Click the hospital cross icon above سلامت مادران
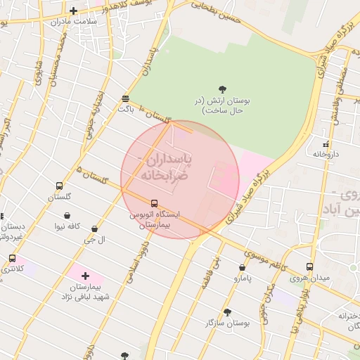coord(74,11)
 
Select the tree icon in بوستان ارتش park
coord(223,89)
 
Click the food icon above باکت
coord(125,98)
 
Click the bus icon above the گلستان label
coord(59,186)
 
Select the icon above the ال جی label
coord(94,229)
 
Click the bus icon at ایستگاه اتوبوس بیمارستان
coord(155,204)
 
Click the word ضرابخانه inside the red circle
coord(165,175)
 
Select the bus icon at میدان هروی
coord(310,267)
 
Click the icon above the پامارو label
coord(243,267)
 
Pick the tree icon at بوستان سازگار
coord(227,311)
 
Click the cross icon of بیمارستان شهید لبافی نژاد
coord(86,276)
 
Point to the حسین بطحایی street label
coord(216,12)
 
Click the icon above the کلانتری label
coord(12,259)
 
